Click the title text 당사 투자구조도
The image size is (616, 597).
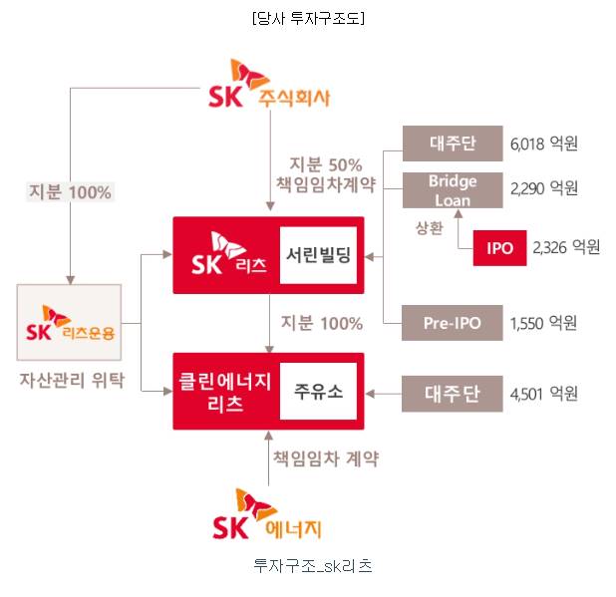coord(307,17)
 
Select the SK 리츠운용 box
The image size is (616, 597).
coord(69,322)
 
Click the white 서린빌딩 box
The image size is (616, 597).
coord(317,255)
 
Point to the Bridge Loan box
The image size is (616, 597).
coord(452,188)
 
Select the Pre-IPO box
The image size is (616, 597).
coord(452,323)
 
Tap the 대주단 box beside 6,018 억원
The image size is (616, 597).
coord(452,144)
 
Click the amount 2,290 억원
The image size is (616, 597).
coord(543,188)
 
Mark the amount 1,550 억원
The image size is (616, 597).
coord(543,323)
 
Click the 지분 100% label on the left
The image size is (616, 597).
coord(70,192)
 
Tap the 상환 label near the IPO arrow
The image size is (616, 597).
coord(429,228)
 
